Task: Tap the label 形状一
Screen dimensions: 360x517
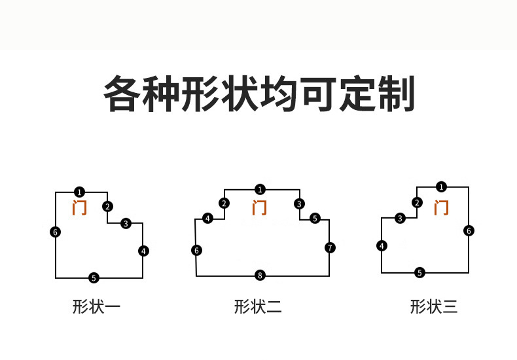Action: [x=96, y=306]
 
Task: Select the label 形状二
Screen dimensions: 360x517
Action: [x=258, y=306]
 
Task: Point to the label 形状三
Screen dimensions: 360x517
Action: [x=433, y=306]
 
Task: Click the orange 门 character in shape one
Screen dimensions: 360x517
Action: [x=79, y=208]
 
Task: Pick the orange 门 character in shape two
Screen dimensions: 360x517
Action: [x=260, y=208]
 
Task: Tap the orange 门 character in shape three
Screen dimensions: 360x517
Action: [x=442, y=208]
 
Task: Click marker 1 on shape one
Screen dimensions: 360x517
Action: [x=79, y=192]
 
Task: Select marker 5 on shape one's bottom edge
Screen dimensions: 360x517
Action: [x=94, y=278]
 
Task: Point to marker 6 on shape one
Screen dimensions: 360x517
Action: [x=55, y=232]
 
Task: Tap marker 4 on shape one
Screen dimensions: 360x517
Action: [x=143, y=251]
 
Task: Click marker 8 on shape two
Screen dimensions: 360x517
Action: [x=260, y=276]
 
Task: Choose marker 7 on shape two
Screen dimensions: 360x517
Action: [x=330, y=247]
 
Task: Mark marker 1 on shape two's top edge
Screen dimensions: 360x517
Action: [x=260, y=190]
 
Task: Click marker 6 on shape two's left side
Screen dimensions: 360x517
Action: [x=196, y=250]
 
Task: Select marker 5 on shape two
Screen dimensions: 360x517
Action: [x=315, y=219]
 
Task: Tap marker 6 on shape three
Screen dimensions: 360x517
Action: [x=469, y=230]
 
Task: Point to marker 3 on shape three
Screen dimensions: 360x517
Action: [x=400, y=219]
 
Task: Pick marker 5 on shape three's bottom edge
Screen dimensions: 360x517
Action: [x=420, y=272]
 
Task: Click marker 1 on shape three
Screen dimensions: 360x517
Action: [x=441, y=187]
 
